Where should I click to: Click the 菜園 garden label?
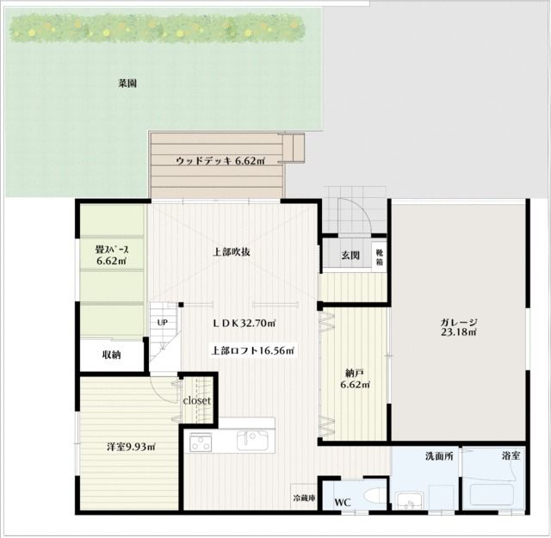(127, 83)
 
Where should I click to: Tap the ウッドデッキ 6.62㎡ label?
(220, 161)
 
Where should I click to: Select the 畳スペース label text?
(112, 250)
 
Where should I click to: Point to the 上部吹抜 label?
(232, 252)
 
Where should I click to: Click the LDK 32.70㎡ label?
(245, 323)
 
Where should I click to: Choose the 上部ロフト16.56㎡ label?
(253, 350)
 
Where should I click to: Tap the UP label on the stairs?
(163, 322)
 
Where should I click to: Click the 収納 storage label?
(111, 355)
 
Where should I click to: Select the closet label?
(197, 400)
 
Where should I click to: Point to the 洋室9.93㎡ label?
(132, 447)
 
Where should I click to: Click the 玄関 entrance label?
(350, 256)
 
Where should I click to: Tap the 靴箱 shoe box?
(380, 257)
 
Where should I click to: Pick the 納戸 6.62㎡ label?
(355, 379)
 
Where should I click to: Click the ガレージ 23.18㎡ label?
(459, 327)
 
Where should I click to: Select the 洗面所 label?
(439, 456)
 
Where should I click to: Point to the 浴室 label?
(511, 455)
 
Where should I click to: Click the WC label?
(343, 503)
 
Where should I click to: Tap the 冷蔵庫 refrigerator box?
(304, 497)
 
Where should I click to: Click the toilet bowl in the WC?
(375, 497)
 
